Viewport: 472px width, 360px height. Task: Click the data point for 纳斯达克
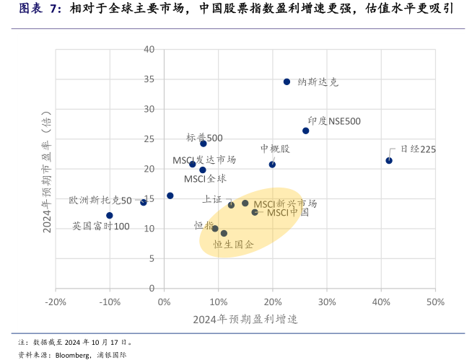click(x=287, y=82)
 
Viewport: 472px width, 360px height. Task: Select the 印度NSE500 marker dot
click(x=305, y=131)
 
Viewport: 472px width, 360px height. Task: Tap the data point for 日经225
click(x=389, y=160)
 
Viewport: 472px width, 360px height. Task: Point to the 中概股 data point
click(x=272, y=164)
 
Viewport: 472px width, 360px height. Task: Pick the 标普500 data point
click(x=204, y=144)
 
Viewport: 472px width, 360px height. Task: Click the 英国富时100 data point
click(x=110, y=216)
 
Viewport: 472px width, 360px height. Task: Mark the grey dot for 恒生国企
click(x=224, y=234)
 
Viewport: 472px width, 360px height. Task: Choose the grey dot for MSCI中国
click(x=255, y=212)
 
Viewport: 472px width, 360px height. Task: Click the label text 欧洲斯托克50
click(x=100, y=201)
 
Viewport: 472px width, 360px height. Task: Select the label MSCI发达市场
click(x=204, y=159)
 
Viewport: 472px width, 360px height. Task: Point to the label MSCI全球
click(x=205, y=178)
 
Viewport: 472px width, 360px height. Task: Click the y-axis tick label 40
click(x=149, y=49)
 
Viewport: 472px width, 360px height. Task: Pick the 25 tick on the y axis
click(x=149, y=139)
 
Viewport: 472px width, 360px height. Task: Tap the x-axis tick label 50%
click(x=434, y=302)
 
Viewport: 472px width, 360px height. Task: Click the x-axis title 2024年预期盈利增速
click(x=245, y=319)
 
